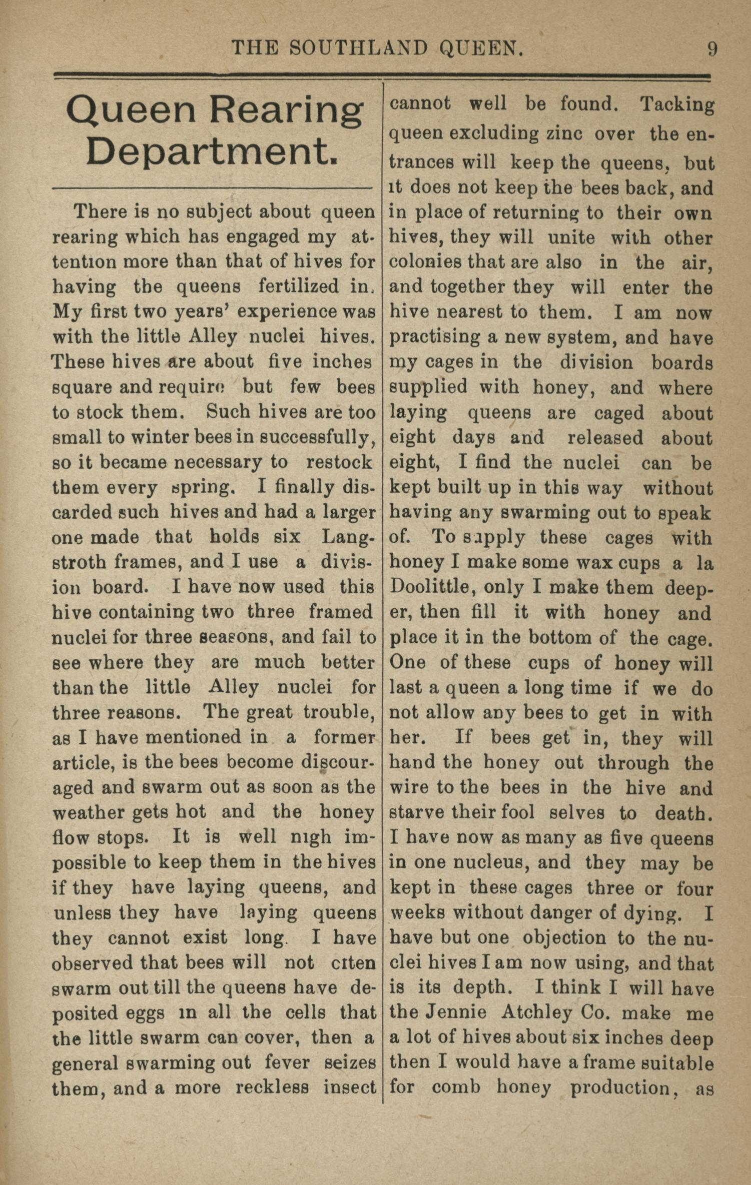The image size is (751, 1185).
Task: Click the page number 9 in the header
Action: (x=712, y=49)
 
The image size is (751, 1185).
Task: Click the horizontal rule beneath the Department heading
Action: (x=212, y=189)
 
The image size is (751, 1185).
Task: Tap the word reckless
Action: (x=272, y=1087)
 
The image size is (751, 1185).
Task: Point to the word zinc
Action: (x=563, y=134)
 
